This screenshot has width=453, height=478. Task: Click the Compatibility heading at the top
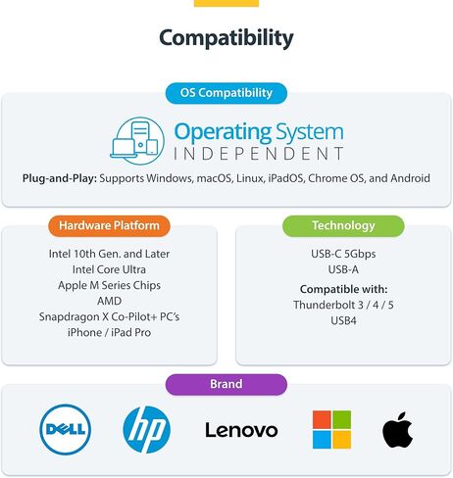click(x=226, y=38)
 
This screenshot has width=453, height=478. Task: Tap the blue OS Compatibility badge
click(x=226, y=93)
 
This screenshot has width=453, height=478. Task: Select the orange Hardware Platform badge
click(x=109, y=225)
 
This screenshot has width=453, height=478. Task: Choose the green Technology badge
click(x=343, y=225)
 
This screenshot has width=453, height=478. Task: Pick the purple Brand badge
click(x=226, y=384)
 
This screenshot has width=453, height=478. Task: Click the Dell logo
click(x=66, y=429)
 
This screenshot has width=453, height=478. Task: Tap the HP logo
click(x=147, y=430)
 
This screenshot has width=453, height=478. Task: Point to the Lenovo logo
click(x=241, y=430)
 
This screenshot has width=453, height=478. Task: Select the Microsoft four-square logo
click(x=331, y=430)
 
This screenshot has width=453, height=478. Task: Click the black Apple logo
click(x=397, y=430)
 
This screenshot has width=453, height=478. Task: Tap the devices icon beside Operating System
click(x=137, y=141)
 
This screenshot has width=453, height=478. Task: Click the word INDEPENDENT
click(x=259, y=154)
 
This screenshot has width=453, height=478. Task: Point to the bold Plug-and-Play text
click(x=60, y=178)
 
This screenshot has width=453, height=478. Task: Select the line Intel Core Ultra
click(x=109, y=269)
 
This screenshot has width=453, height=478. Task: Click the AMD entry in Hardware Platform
click(x=109, y=301)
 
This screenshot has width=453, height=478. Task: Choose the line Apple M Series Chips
click(x=109, y=285)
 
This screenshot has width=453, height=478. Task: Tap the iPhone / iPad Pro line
click(x=109, y=333)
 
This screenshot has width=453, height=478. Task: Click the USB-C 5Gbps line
click(x=343, y=254)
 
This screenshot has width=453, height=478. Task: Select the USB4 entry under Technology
click(x=343, y=321)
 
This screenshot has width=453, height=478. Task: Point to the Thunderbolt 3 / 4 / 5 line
click(x=343, y=305)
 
